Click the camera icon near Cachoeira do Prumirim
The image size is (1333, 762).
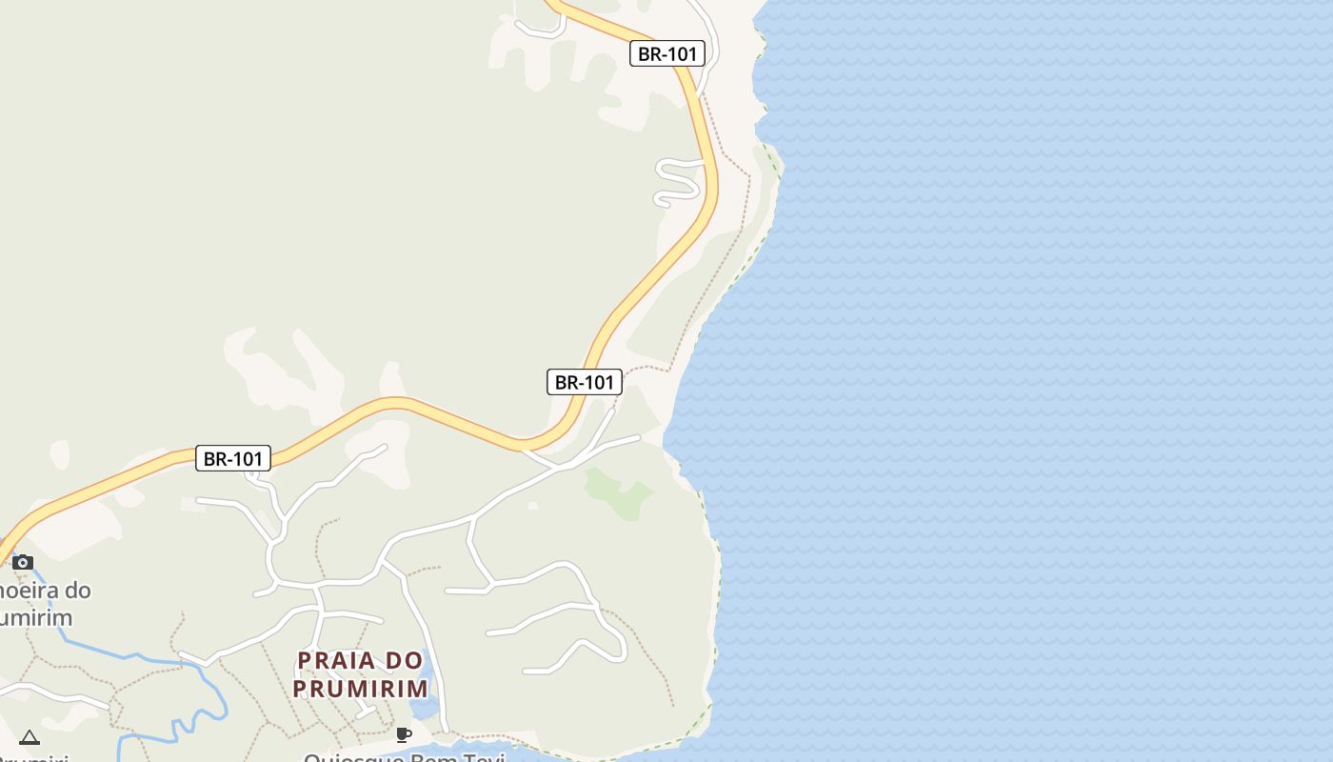click(x=23, y=562)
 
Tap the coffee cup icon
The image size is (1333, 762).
click(x=404, y=734)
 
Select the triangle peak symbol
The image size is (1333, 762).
click(x=30, y=737)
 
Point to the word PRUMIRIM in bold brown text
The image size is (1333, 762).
click(x=360, y=688)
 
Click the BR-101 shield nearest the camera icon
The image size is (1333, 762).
click(x=234, y=458)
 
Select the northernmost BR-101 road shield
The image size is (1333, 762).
click(x=667, y=53)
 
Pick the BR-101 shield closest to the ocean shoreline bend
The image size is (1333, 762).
click(x=585, y=382)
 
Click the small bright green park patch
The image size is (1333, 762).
click(x=619, y=492)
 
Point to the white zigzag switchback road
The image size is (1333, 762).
click(x=678, y=181)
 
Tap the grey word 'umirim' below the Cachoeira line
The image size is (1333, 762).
click(x=36, y=617)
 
